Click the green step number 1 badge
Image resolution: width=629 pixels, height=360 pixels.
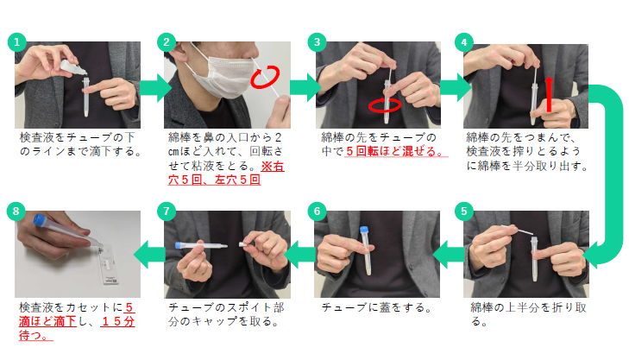coord(17,42)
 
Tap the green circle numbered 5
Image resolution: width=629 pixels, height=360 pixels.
coord(464,212)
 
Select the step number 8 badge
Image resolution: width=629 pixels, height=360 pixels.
coord(16,212)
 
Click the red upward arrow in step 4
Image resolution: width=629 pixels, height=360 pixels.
coord(549,94)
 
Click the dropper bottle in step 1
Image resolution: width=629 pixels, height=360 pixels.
coord(73,68)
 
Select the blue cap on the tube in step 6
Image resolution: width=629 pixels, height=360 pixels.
coord(364,230)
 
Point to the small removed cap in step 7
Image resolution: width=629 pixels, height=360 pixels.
coord(243,243)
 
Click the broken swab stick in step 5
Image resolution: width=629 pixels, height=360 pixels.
coord(517,230)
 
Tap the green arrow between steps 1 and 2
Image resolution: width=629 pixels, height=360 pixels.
coord(156,87)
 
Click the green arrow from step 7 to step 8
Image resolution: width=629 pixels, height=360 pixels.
coord(149,255)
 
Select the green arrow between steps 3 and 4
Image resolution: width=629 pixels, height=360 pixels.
coord(456,87)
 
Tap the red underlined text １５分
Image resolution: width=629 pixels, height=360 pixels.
coord(118,321)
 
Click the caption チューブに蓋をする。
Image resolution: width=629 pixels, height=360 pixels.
coord(377,308)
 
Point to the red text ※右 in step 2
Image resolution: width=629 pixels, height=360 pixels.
coord(273,166)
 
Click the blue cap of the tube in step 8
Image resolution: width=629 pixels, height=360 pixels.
coord(40,220)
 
